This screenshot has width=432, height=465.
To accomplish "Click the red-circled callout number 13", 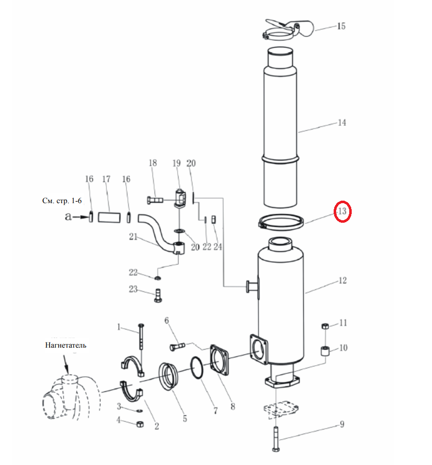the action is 342,211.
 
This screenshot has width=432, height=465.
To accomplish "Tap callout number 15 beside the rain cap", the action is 341,26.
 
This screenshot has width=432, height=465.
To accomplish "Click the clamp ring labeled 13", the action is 281,222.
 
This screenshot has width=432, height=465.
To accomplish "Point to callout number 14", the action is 342,122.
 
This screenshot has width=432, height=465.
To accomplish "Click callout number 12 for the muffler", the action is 342,280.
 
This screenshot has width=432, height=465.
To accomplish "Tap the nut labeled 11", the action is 325,326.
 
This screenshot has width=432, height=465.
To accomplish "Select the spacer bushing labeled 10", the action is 326,351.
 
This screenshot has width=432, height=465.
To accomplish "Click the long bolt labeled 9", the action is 276,439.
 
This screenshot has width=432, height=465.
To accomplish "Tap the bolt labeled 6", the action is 178,346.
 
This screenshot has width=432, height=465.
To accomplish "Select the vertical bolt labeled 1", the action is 141,336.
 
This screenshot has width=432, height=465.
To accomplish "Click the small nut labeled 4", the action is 140,424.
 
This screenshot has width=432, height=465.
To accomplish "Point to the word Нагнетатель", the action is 66,345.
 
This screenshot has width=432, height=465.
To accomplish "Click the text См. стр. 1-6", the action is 62,201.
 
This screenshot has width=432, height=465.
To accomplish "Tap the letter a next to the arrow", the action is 68,217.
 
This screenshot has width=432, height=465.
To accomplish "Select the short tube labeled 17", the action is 109,217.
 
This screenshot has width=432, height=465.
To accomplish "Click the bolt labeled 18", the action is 155,200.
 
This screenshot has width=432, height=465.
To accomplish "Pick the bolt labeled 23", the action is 158,295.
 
